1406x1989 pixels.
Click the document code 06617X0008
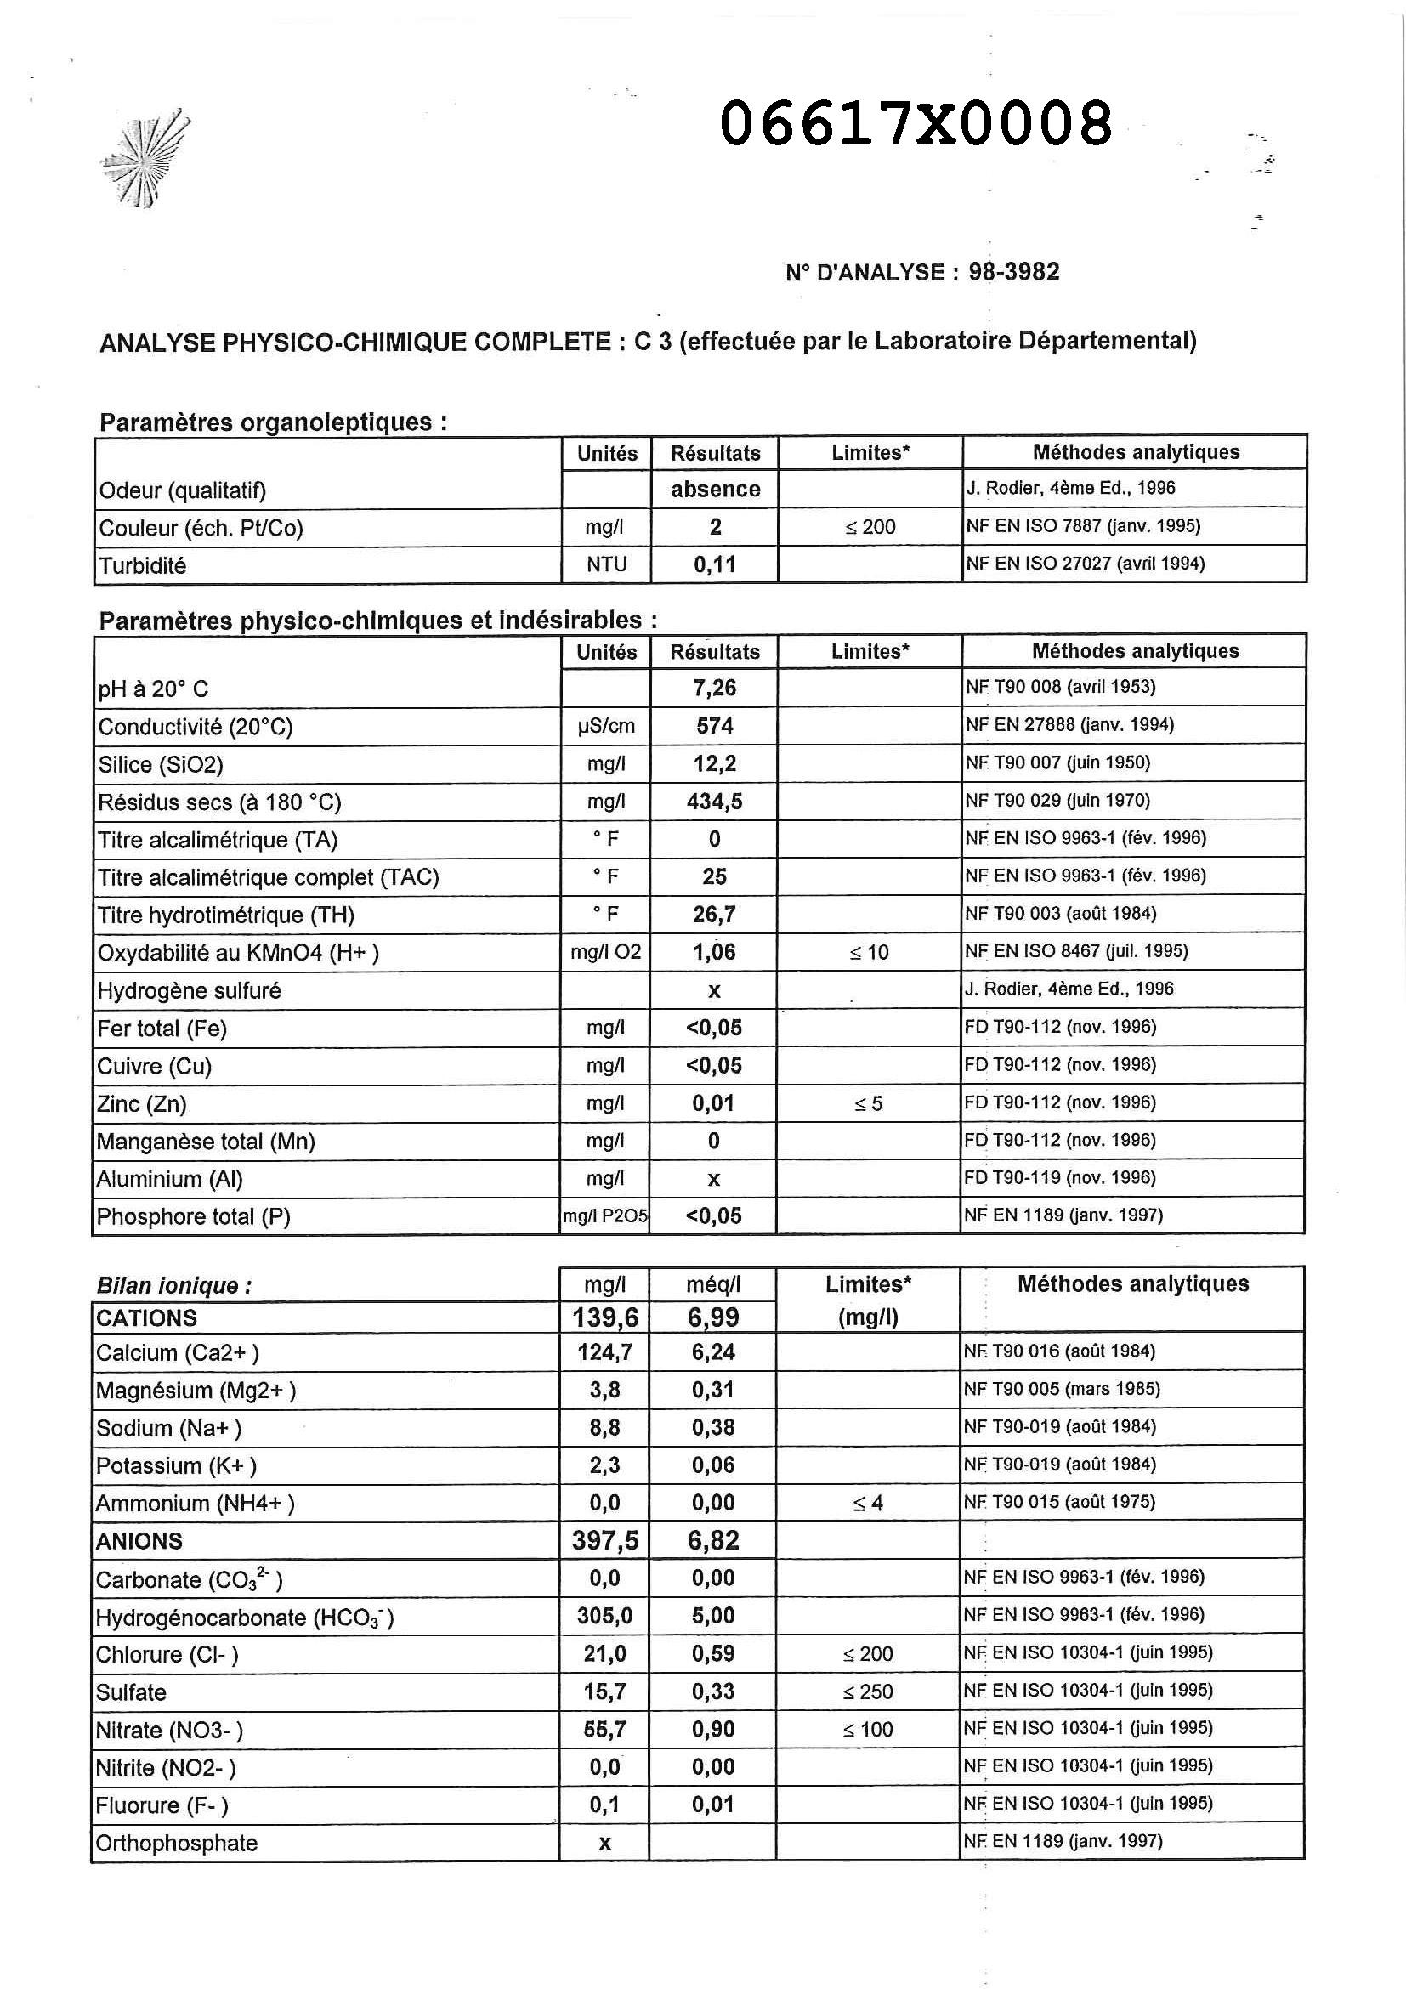click(916, 124)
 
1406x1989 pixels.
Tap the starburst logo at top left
click(145, 159)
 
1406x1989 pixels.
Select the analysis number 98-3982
click(1013, 272)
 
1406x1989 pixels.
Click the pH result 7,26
click(715, 688)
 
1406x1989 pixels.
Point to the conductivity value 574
click(715, 725)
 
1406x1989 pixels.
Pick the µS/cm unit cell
click(606, 726)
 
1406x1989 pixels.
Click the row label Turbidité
click(143, 566)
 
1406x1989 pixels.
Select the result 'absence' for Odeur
click(716, 490)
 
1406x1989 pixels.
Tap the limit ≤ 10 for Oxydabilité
click(869, 953)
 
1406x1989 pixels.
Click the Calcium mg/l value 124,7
click(605, 1352)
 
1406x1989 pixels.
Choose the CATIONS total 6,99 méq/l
click(714, 1317)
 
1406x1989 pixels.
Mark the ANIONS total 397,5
click(604, 1540)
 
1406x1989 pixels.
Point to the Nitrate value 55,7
click(604, 1730)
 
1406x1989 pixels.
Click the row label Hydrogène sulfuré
click(190, 991)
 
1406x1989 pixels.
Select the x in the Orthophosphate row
click(604, 1844)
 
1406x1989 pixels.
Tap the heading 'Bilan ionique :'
click(174, 1285)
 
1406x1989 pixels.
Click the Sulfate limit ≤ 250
click(868, 1691)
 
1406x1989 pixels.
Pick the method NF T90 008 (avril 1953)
click(1060, 687)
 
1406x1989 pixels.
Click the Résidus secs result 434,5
click(715, 802)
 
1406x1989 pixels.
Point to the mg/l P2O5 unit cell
click(605, 1216)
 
